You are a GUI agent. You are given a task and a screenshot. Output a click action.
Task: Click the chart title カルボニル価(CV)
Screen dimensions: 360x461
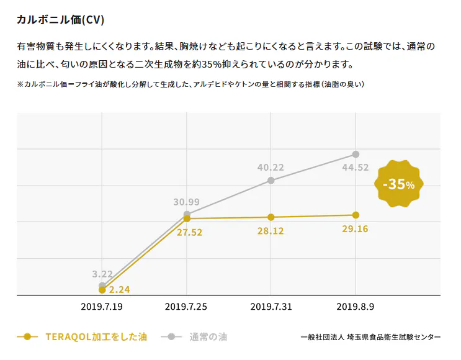pos(60,20)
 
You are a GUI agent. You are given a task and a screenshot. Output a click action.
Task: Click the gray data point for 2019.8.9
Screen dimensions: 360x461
pos(356,154)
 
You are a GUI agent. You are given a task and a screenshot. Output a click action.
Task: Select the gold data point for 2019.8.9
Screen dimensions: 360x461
pos(356,215)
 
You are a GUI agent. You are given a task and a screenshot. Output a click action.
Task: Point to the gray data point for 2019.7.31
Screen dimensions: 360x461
pos(271,181)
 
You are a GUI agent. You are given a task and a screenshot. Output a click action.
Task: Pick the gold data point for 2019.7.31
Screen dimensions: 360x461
pos(271,217)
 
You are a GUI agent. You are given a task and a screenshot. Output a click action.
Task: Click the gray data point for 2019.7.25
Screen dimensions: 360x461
pos(187,214)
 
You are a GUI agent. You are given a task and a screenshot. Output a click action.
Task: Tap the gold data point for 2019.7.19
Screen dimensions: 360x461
pos(102,289)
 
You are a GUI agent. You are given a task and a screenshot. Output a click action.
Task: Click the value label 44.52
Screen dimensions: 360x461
pos(356,167)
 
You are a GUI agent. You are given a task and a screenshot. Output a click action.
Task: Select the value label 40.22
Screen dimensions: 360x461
pos(271,167)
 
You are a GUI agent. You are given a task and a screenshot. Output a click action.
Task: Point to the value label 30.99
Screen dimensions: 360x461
pos(186,202)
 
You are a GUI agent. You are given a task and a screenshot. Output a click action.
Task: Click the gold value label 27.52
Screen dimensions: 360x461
pos(189,232)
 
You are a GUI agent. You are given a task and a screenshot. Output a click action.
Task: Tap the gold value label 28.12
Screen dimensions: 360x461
pos(271,230)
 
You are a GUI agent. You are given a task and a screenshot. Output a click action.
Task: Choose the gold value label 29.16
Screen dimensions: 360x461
pos(355,229)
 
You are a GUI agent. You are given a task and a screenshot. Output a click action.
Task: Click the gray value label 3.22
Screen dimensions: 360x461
pos(102,274)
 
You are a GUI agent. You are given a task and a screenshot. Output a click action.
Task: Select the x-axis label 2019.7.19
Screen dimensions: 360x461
pos(102,307)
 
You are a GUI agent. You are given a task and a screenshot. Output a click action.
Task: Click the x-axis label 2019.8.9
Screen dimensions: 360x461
pos(355,307)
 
